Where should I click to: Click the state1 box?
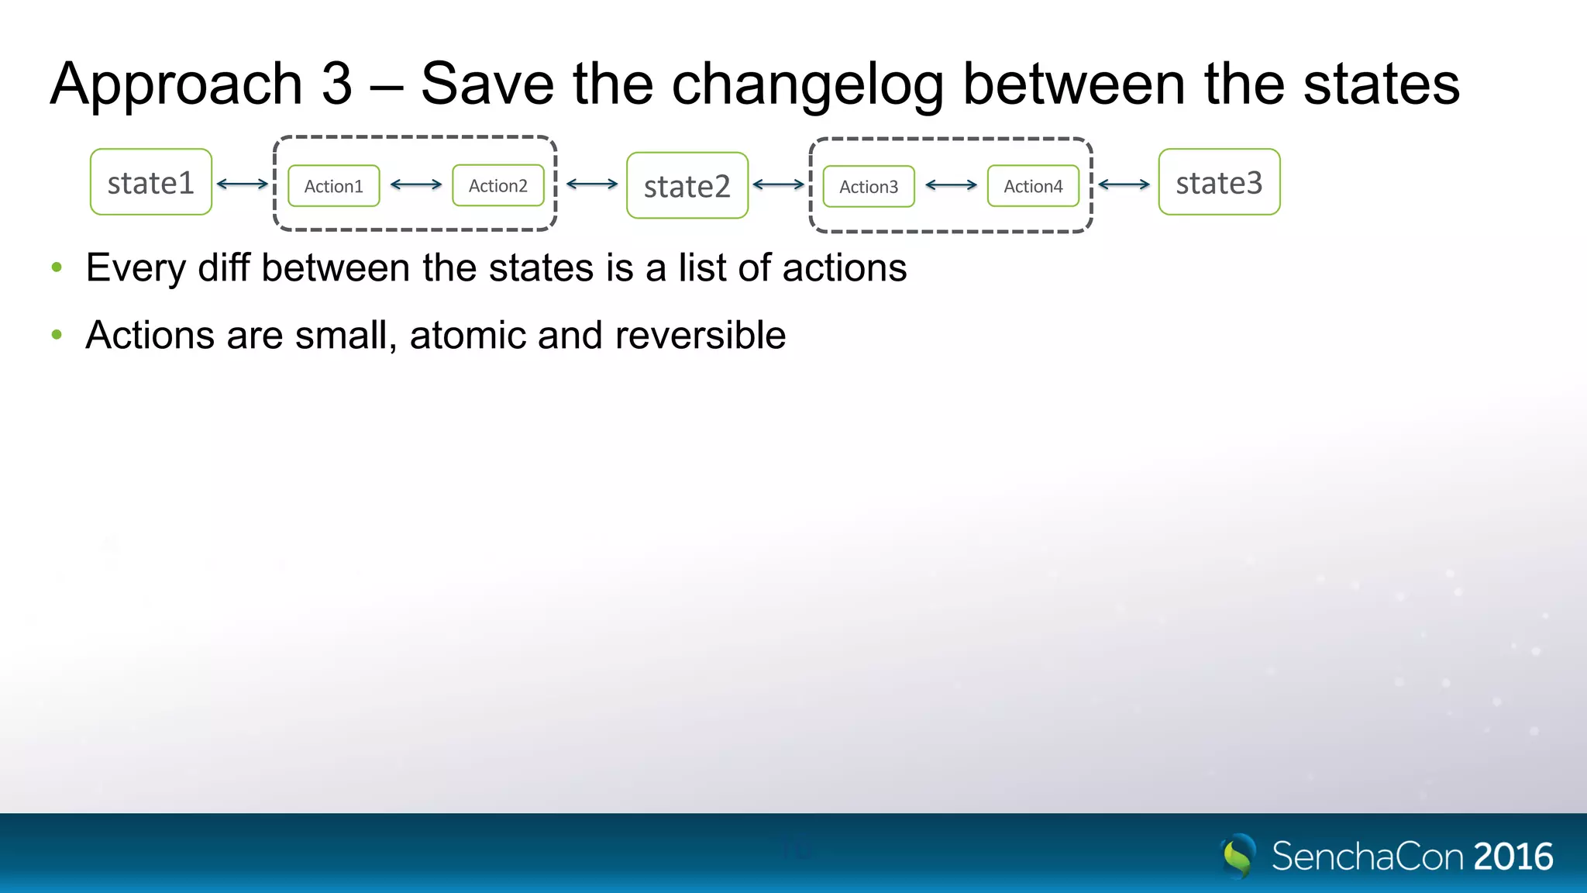coord(151,182)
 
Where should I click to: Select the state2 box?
coord(687,185)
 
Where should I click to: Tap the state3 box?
coord(1219,182)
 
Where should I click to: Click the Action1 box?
coord(334,186)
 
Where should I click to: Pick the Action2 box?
coord(498,185)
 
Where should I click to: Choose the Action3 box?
coord(869,187)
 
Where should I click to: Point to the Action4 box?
coord(1033,186)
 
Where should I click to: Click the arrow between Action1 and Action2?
coord(416,184)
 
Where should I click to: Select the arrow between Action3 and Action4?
coord(952,185)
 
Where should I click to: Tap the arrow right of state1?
coord(243,184)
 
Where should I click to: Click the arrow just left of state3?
coord(1124,184)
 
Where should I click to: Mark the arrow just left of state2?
coord(592,184)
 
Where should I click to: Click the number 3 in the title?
coord(336,84)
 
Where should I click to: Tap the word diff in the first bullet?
coord(224,267)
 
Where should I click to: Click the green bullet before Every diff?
coord(57,268)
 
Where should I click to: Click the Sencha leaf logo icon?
coord(1238,856)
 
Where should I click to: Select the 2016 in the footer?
coord(1513,857)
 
